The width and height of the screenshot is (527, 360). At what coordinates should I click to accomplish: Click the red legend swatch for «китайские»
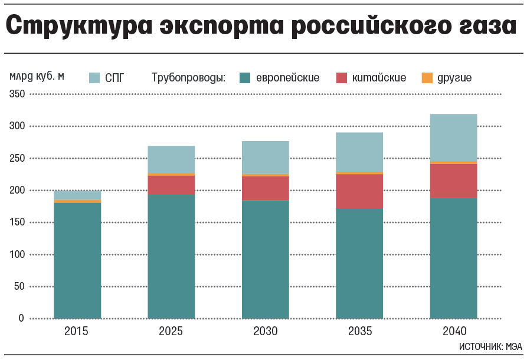pyautogui.click(x=342, y=77)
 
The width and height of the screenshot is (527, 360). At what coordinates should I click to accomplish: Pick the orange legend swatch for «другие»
pyautogui.click(x=428, y=77)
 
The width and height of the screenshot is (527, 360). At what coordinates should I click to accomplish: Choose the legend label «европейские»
pyautogui.click(x=288, y=77)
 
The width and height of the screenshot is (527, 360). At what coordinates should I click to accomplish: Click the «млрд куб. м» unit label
pyautogui.click(x=36, y=76)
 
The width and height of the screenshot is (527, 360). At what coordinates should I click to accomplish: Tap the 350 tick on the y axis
pyautogui.click(x=17, y=94)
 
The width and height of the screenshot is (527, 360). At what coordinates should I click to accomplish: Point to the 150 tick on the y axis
pyautogui.click(x=17, y=222)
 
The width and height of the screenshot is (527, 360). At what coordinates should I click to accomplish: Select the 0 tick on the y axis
pyautogui.click(x=21, y=319)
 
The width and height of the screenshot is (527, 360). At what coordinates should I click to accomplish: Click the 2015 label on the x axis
pyautogui.click(x=77, y=331)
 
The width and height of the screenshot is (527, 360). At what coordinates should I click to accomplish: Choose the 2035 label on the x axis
pyautogui.click(x=359, y=331)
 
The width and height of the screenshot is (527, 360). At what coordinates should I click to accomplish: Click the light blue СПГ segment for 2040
pyautogui.click(x=453, y=137)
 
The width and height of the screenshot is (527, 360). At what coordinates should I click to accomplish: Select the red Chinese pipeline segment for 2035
pyautogui.click(x=359, y=191)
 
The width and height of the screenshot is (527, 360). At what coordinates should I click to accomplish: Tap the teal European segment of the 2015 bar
pyautogui.click(x=77, y=260)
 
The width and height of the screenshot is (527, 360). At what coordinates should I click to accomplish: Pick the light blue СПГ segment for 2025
pyautogui.click(x=171, y=159)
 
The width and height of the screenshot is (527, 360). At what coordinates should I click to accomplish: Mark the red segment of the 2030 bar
pyautogui.click(x=265, y=188)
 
